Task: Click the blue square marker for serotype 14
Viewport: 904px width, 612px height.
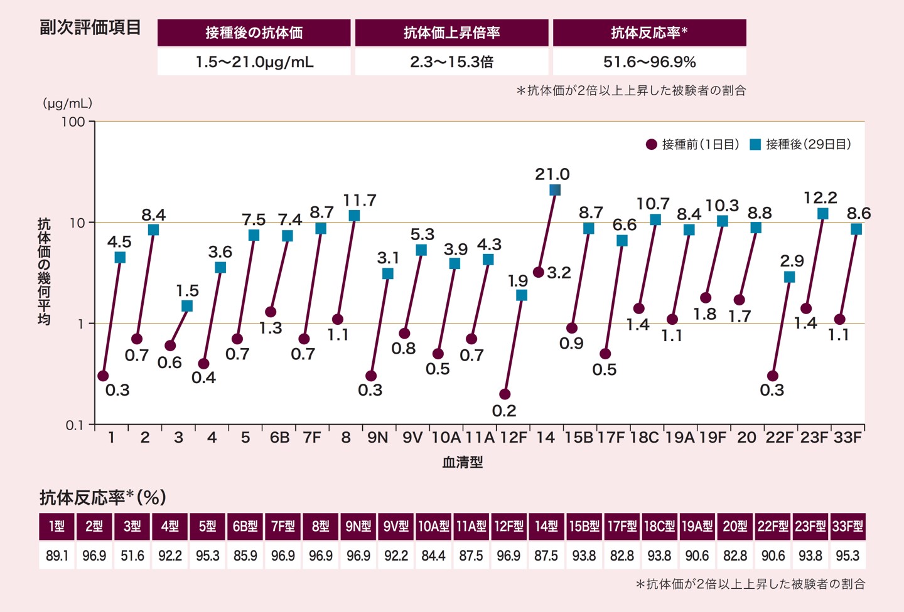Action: (555, 190)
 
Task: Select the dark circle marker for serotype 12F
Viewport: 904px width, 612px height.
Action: (505, 394)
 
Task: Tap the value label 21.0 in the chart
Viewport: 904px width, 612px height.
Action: (552, 174)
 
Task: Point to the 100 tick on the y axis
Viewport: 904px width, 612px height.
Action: (73, 122)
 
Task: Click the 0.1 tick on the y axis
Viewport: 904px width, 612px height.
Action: (74, 425)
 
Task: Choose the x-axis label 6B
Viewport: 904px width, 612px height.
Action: (279, 438)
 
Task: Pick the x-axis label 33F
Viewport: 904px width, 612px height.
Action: (847, 438)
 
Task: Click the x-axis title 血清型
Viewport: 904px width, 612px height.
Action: (463, 462)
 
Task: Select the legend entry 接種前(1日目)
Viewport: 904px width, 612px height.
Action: (693, 145)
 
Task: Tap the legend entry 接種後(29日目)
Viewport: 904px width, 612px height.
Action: (801, 145)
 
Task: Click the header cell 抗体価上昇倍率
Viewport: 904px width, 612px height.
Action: (452, 33)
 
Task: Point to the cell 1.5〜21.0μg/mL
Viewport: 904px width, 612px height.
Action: (254, 62)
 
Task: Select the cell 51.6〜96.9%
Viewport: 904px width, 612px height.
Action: (650, 62)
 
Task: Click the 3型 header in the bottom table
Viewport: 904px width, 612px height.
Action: (132, 526)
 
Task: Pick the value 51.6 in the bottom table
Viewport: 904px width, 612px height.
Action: (132, 556)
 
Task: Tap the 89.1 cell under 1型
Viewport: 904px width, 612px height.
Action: (56, 556)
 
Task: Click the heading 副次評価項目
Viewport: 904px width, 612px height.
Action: (90, 28)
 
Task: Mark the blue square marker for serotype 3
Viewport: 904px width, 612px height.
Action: (187, 306)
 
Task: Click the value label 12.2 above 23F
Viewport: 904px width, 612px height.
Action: (821, 198)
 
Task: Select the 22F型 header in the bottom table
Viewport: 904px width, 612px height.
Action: (773, 526)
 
